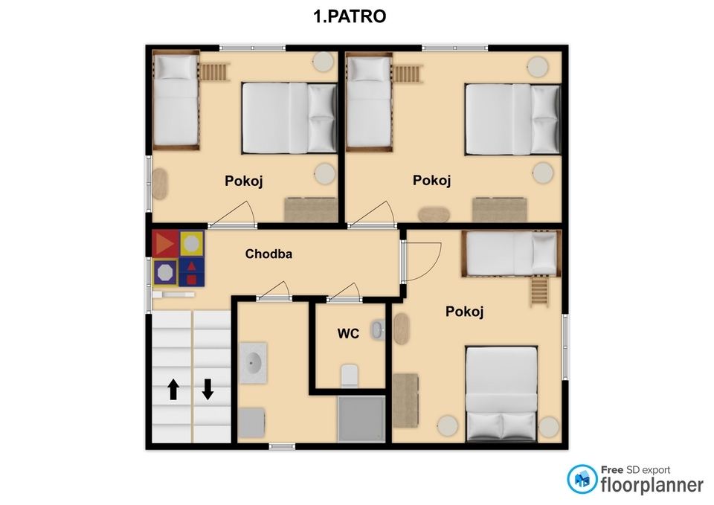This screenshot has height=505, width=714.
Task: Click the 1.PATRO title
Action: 350,16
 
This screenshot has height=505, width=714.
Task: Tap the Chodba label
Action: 268,254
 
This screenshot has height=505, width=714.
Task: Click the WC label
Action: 348,334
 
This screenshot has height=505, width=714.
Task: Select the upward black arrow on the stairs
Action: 173,389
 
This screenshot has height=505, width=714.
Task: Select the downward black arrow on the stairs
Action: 208,389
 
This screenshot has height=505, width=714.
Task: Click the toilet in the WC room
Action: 350,376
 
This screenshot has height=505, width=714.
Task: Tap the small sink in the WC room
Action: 378,330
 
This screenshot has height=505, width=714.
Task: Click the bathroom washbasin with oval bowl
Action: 253,364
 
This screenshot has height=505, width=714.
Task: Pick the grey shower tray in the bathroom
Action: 361,419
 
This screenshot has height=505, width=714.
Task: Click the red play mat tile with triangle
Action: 165,244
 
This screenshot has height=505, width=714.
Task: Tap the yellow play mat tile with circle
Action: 191,244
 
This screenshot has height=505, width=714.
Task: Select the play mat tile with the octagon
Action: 165,273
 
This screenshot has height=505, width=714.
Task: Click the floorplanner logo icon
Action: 582,479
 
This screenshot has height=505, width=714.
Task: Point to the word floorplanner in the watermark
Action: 652,486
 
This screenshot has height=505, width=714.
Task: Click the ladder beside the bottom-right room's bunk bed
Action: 539,291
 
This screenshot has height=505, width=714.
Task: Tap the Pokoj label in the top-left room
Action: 244,181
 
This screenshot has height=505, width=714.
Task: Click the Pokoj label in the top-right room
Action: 431,180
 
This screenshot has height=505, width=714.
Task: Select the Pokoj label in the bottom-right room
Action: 464,312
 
